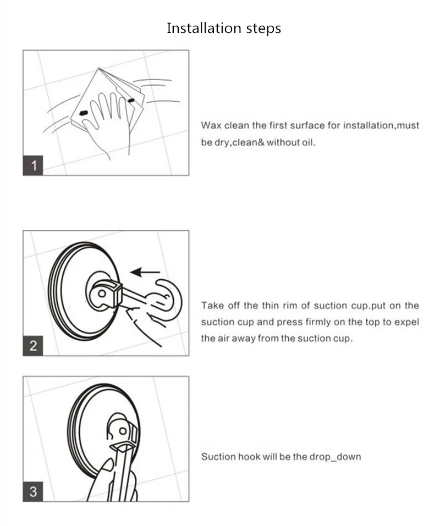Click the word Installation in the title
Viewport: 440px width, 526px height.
204,28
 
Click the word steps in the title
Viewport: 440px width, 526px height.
264,29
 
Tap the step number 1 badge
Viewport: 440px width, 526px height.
33,165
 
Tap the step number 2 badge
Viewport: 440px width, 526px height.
33,346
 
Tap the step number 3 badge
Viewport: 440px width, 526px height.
33,492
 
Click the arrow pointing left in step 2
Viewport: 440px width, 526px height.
145,272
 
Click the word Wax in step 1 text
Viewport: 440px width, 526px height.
211,125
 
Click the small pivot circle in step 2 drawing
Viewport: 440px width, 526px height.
102,294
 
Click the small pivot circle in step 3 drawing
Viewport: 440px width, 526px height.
123,431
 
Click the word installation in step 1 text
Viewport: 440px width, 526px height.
368,125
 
